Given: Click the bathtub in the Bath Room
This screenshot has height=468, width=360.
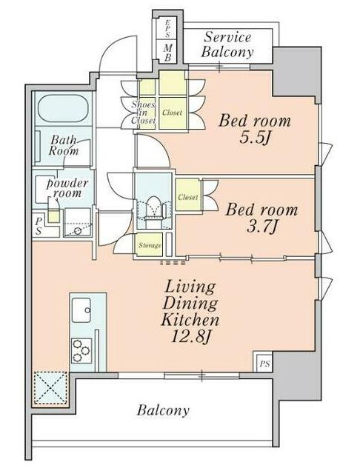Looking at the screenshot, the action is (64, 108).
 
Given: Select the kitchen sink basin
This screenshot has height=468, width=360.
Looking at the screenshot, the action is (81, 310).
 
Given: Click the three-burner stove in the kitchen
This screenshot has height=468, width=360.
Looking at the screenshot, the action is (81, 350).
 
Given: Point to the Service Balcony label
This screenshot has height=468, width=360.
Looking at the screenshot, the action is (227, 44).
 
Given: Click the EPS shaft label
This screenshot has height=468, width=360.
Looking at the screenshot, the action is (167, 29).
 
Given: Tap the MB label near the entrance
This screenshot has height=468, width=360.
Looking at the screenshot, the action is (168, 53).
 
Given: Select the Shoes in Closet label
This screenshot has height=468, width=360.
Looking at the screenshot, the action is (143, 113).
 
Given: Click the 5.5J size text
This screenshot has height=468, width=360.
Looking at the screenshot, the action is (255, 138).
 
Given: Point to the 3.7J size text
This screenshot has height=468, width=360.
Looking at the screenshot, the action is (261, 227).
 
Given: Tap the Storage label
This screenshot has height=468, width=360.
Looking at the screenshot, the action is (150, 245).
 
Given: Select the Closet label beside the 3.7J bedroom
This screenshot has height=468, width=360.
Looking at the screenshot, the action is (188, 197).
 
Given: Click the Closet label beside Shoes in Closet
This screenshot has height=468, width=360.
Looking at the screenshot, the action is (173, 113).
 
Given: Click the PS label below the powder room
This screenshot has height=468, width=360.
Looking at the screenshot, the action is (39, 226).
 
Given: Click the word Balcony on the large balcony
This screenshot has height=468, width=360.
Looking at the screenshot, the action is (163, 410).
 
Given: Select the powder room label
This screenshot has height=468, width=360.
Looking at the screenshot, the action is (67, 188).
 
